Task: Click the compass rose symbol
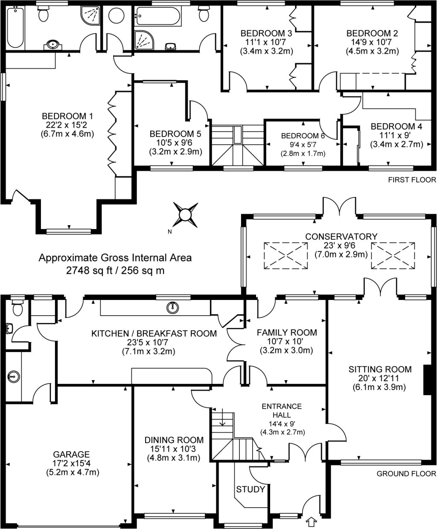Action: click(x=186, y=214)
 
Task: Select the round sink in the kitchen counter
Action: click(x=173, y=307)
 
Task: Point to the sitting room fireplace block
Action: click(x=426, y=380)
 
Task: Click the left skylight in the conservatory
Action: click(x=286, y=256)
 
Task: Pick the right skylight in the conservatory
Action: click(x=393, y=256)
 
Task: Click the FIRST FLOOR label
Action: click(x=412, y=180)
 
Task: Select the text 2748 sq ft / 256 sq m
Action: click(x=115, y=270)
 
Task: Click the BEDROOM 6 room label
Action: click(x=303, y=136)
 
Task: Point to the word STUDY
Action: click(x=251, y=489)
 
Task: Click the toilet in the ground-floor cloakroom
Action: click(x=17, y=307)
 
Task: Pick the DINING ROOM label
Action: click(x=174, y=440)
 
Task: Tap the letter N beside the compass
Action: click(x=169, y=232)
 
